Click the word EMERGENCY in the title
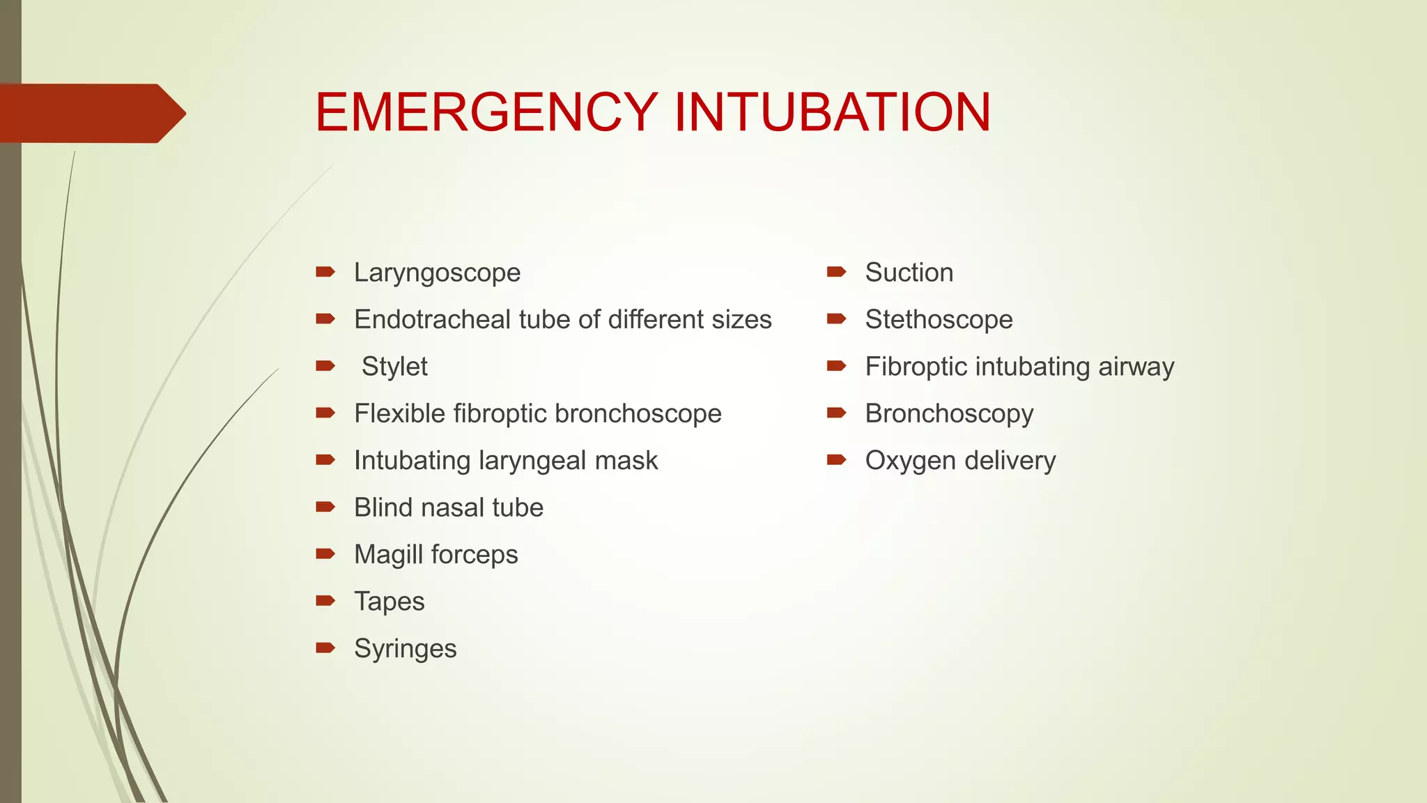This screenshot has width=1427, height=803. click(486, 112)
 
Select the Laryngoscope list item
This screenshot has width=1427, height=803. click(437, 273)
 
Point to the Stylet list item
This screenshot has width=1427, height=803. click(394, 367)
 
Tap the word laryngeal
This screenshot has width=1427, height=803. click(532, 461)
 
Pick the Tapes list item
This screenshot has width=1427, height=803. click(389, 602)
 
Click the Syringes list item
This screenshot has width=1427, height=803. click(405, 649)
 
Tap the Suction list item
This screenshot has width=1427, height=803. click(909, 273)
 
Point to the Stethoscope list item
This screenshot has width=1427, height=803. click(939, 319)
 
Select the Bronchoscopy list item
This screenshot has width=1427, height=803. click(949, 413)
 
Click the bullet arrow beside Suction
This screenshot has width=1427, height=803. click(836, 271)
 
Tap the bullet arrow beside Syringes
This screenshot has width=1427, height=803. click(325, 648)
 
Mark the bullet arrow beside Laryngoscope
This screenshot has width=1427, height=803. click(325, 271)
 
